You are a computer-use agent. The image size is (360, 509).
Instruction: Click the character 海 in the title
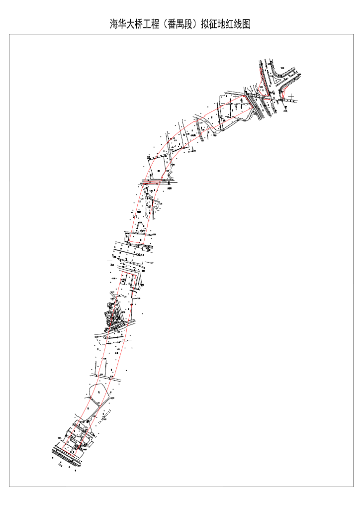114,24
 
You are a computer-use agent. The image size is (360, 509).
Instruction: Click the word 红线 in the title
230,24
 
